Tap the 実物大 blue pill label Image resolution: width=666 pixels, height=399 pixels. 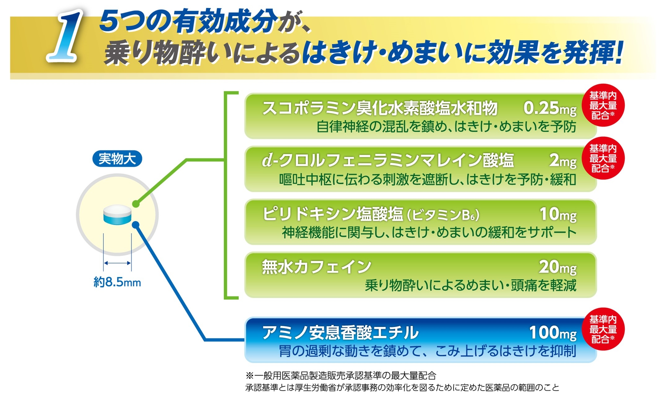(117, 159)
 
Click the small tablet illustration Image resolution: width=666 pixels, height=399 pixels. (117, 214)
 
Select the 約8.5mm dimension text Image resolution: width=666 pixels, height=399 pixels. (117, 282)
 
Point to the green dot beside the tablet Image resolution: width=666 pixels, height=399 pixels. (136, 204)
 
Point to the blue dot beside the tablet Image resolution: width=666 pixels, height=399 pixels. (136, 225)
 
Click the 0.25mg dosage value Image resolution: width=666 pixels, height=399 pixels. (550, 108)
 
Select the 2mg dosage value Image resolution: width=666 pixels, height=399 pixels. (563, 161)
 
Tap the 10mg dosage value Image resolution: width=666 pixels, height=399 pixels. (558, 214)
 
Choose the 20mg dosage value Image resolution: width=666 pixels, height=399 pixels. (558, 267)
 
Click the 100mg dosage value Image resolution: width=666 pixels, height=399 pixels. (553, 333)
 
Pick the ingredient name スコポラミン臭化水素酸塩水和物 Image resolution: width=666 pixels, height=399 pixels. (380, 108)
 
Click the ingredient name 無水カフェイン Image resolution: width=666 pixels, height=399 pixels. (316, 267)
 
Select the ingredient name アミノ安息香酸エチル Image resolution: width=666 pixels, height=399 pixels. (340, 333)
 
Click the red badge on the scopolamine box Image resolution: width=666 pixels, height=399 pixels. (603, 105)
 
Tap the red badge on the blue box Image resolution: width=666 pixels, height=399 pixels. (603, 329)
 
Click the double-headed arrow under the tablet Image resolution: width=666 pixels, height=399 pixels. (117, 263)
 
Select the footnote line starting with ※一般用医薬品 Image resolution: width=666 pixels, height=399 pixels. (341, 375)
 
